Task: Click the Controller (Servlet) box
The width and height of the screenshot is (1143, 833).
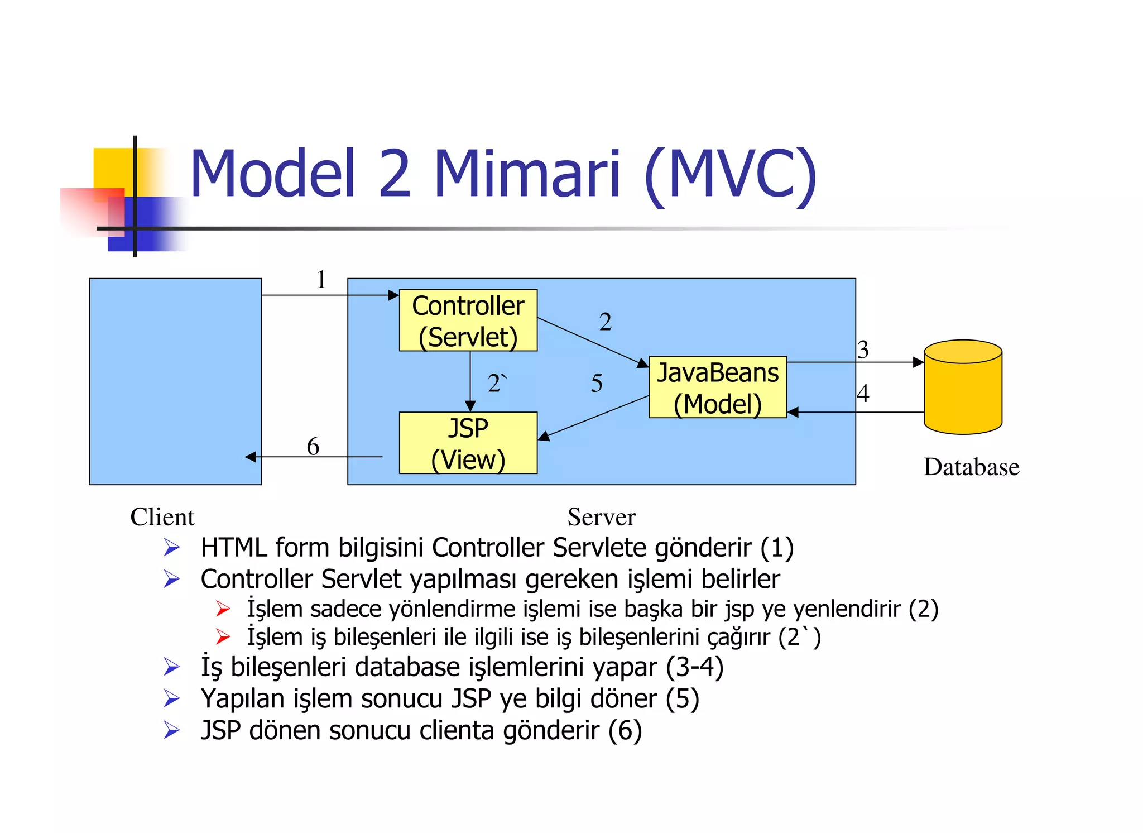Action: [x=468, y=320]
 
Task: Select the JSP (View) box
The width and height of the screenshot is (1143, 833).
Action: [x=468, y=443]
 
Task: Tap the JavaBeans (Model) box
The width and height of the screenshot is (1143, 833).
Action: [x=717, y=387]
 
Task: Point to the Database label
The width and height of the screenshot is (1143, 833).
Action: [x=971, y=467]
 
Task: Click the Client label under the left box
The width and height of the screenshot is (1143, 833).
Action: [x=162, y=517]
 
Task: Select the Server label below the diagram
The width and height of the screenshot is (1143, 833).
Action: [x=601, y=517]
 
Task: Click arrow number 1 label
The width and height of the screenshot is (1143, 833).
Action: [x=321, y=280]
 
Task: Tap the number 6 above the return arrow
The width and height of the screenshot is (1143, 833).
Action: [x=313, y=446]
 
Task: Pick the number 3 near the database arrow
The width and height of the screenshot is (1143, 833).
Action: [x=863, y=350]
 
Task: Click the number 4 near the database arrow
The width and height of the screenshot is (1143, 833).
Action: [x=863, y=393]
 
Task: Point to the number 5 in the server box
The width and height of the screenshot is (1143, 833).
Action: [x=597, y=384]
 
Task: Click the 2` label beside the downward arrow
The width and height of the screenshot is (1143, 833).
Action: [x=496, y=384]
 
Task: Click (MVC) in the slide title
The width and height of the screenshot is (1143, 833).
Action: [x=731, y=174]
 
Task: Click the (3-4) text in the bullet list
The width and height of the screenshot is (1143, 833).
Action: [x=694, y=667]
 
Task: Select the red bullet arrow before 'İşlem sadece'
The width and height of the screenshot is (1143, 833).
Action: [x=223, y=609]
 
